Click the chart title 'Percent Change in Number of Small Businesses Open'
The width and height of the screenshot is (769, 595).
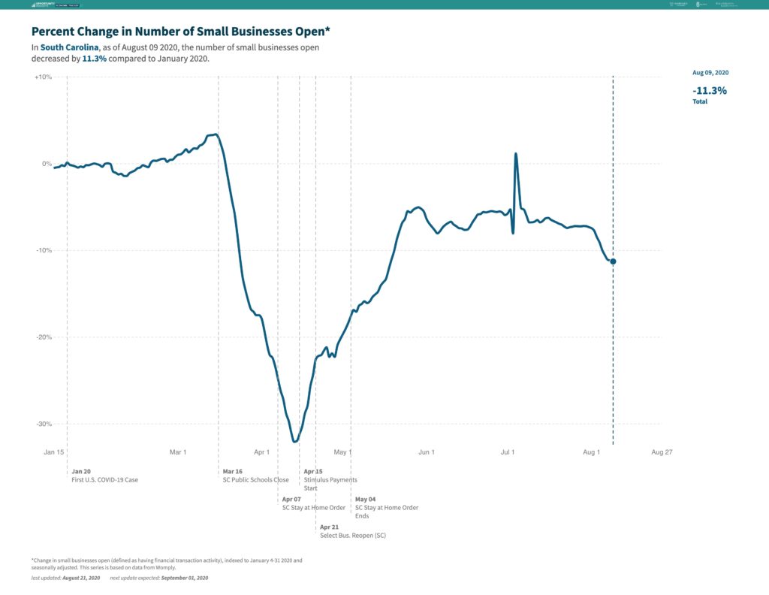click(180, 32)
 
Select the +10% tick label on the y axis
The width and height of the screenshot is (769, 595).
click(42, 77)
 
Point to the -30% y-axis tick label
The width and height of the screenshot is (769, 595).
click(42, 424)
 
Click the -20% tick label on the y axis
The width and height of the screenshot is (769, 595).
click(42, 337)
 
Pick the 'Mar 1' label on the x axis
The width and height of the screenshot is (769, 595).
click(178, 452)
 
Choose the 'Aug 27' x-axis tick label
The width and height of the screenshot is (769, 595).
click(662, 452)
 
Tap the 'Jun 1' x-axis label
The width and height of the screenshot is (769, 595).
click(427, 452)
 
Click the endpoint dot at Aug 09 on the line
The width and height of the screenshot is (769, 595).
click(614, 261)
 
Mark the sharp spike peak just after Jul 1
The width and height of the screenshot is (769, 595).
click(516, 154)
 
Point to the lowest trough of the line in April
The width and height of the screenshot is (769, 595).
click(295, 442)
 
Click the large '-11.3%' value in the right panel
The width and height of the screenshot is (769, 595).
click(710, 90)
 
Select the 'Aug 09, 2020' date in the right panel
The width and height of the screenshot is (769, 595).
click(710, 73)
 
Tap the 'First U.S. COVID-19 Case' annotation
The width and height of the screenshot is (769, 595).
click(105, 480)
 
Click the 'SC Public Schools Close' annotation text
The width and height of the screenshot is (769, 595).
click(256, 480)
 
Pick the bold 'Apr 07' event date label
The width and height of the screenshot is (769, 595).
click(291, 499)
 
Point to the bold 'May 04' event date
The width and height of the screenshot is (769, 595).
click(366, 499)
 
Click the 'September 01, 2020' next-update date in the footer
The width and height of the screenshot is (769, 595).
click(184, 578)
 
